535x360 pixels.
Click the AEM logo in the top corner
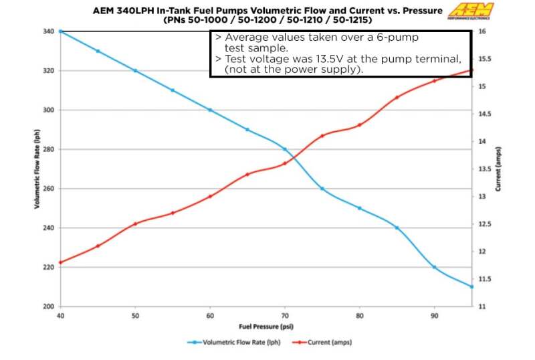point(472,11)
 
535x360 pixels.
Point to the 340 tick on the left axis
point(49,31)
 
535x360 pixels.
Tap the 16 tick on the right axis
point(481,31)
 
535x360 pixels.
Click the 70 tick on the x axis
point(285,315)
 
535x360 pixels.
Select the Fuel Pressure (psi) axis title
point(266,327)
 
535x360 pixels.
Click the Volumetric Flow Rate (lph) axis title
point(37,169)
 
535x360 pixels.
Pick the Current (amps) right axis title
point(498,169)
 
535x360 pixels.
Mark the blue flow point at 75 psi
point(322,189)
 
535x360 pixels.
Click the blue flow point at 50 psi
point(135,70)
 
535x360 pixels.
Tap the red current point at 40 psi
point(61,262)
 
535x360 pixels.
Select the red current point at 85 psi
point(397,97)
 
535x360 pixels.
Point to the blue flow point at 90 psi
point(434,267)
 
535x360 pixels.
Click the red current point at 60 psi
point(210,196)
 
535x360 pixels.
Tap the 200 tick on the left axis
point(49,306)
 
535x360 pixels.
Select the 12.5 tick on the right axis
point(485,224)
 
